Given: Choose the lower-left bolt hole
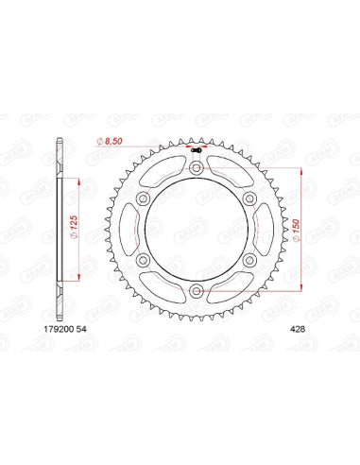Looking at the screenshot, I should pos(144,259).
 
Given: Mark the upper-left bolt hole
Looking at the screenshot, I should pos(144,200).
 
